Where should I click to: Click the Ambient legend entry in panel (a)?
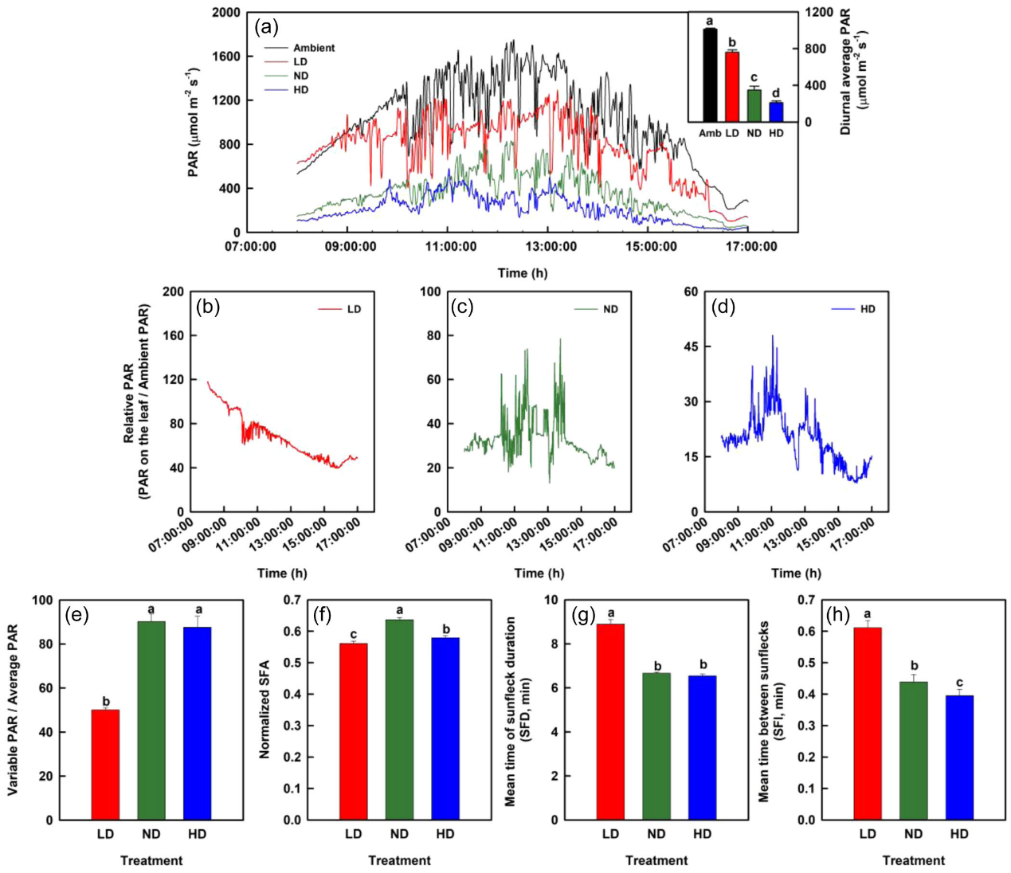(x=313, y=48)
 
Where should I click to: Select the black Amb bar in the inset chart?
(x=710, y=75)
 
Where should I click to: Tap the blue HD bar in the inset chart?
(x=776, y=112)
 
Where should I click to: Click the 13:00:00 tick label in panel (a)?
(x=551, y=247)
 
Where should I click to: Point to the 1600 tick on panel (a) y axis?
(x=226, y=57)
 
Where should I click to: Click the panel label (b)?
(x=209, y=307)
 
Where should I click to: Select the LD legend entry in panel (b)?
(x=354, y=309)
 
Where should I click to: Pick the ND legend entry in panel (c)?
(x=610, y=309)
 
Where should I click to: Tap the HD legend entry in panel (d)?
(x=868, y=309)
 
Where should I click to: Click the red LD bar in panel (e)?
(x=105, y=765)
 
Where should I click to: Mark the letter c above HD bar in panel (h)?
(x=959, y=683)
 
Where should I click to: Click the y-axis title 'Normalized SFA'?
(x=265, y=709)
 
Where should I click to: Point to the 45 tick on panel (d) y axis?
(x=691, y=346)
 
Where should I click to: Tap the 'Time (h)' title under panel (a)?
(x=523, y=273)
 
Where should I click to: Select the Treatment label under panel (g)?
(x=656, y=860)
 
